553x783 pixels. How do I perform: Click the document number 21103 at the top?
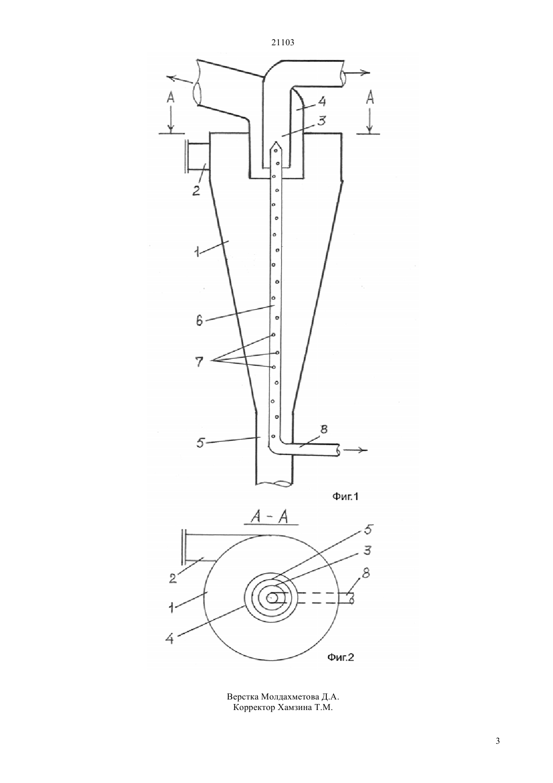(x=283, y=43)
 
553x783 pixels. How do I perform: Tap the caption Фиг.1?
(x=345, y=496)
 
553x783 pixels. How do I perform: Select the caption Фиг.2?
(x=340, y=657)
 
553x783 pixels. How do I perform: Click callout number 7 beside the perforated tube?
(x=199, y=362)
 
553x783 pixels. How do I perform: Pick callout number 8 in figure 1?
(x=323, y=429)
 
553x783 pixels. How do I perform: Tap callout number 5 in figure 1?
(x=200, y=444)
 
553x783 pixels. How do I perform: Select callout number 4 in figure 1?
(x=322, y=102)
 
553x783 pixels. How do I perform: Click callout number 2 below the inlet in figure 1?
(x=196, y=191)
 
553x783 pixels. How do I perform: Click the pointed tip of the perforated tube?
(x=276, y=142)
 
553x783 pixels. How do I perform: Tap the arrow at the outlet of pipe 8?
(x=353, y=450)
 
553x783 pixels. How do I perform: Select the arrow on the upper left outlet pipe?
(x=180, y=79)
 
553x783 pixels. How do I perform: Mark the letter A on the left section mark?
(x=170, y=98)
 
